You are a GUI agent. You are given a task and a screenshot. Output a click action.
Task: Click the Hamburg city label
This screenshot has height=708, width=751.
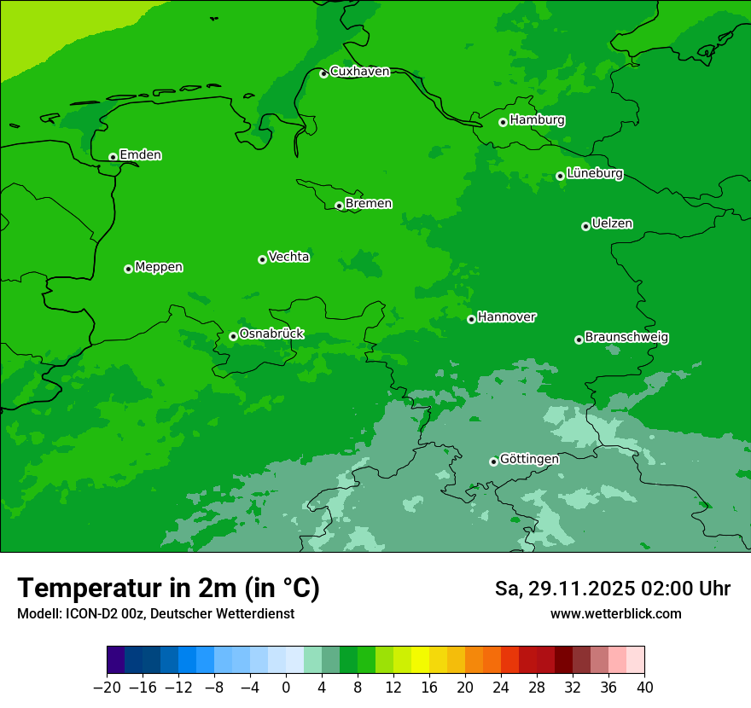click(537, 120)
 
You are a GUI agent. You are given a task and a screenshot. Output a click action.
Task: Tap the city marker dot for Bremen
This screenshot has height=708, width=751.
click(339, 206)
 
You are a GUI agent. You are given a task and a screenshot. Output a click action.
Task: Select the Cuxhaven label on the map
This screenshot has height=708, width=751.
click(359, 72)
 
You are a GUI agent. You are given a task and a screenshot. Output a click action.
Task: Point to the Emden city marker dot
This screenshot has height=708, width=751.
click(113, 157)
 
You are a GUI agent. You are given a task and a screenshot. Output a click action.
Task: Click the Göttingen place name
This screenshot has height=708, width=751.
click(529, 460)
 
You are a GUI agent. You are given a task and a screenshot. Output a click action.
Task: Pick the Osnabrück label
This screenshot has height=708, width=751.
click(271, 334)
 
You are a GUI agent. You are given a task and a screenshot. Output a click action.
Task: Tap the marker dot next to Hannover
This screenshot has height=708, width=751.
click(471, 319)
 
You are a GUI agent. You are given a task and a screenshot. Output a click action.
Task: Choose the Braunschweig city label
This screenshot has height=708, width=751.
click(626, 338)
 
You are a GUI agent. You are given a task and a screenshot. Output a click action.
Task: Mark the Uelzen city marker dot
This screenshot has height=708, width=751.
click(585, 226)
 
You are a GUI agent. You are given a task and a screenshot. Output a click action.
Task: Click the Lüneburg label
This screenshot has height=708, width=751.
click(594, 174)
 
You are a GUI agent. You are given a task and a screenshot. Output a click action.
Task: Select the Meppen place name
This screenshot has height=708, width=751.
click(159, 267)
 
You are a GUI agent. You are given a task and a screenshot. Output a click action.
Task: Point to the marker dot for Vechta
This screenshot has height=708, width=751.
click(262, 259)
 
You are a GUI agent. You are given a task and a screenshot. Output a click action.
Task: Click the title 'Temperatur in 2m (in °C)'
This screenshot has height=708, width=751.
click(168, 589)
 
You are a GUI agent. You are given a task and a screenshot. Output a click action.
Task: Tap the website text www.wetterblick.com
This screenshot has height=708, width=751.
click(615, 614)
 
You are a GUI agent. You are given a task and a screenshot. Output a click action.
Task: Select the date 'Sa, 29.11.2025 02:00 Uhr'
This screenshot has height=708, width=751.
click(612, 589)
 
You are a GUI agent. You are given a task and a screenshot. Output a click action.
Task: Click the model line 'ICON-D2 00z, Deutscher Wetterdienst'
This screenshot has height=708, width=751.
click(155, 614)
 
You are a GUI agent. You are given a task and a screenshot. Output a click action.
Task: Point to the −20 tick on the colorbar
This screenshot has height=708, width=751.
click(107, 687)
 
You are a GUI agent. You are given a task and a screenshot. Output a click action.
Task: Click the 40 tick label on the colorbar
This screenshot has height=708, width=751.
click(644, 687)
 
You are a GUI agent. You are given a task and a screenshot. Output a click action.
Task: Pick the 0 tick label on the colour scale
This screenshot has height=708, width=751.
click(286, 687)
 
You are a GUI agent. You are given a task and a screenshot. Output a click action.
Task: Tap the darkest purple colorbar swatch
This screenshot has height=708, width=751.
click(115, 660)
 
